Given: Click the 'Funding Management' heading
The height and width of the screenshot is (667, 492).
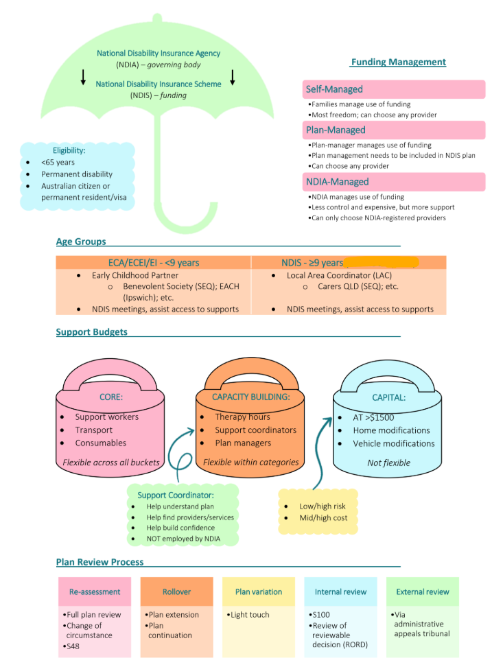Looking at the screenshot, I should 398,62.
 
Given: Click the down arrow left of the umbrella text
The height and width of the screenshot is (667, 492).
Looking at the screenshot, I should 84,77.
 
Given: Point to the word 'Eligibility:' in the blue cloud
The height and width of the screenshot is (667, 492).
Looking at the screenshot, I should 69,150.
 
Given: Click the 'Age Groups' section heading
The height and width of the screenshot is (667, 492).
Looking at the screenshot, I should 81,242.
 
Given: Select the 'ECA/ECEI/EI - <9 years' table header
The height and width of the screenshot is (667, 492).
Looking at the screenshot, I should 152,263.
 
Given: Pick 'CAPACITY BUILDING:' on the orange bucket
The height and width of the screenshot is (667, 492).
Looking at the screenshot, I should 251,397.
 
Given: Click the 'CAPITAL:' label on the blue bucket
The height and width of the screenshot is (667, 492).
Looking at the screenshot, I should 388,397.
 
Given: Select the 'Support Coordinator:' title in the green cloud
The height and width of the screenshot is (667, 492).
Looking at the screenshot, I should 176,495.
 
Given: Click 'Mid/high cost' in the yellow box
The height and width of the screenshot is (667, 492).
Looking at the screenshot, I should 323,517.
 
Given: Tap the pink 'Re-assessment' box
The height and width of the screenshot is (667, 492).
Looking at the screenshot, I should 95,592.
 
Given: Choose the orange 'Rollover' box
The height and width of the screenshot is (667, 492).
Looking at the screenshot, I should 176,592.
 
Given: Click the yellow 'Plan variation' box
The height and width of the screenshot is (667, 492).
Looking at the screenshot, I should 259,592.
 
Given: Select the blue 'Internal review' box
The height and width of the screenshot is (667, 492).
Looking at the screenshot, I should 341,592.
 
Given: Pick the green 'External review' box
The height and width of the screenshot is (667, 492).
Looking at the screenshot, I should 423,592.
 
